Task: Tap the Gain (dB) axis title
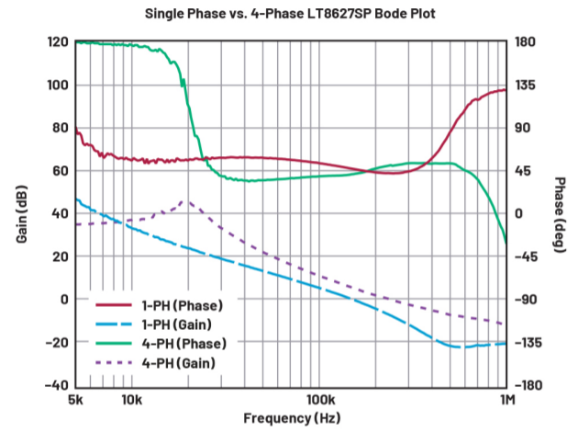click(21, 213)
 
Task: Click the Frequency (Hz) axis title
click(290, 418)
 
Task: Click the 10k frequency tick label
click(132, 400)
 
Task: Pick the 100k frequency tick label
click(318, 400)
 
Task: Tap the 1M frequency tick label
click(506, 400)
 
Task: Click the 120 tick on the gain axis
click(58, 42)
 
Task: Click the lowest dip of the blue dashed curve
click(459, 347)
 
